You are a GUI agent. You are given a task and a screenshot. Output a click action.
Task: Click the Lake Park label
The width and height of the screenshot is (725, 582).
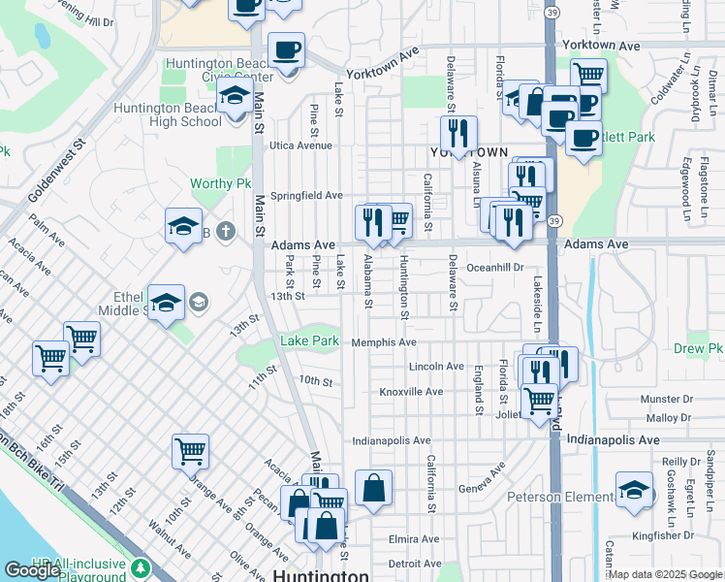coord(310,340)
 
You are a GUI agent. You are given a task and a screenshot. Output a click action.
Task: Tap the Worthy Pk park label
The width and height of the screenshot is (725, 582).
coord(228,183)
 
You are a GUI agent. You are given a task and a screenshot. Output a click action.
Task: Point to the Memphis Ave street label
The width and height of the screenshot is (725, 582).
coord(384,342)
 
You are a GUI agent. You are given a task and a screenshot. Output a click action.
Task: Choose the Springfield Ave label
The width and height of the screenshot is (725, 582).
coord(306,195)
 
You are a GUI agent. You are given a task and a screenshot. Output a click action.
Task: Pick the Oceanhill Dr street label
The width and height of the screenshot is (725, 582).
coord(494,267)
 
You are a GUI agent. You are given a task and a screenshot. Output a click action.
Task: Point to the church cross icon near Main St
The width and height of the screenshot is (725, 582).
coord(225,231)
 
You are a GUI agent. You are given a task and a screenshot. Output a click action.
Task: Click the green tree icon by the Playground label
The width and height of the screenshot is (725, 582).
coord(142,566)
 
